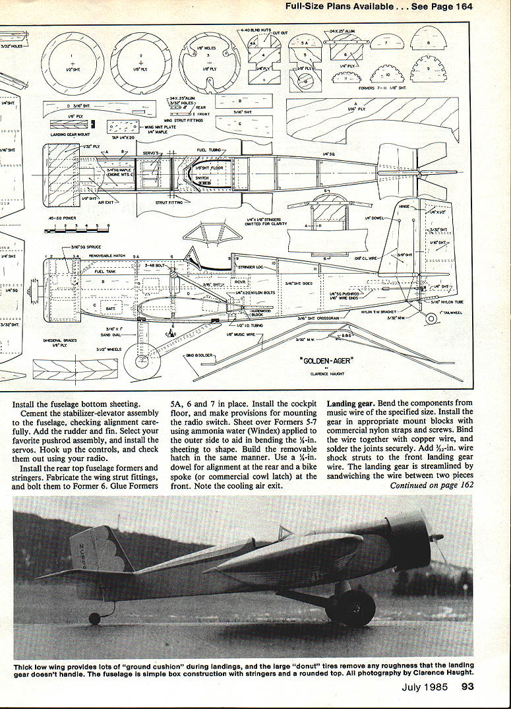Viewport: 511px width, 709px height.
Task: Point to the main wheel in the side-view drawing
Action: point(142,363)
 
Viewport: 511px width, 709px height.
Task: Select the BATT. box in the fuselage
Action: point(111,307)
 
